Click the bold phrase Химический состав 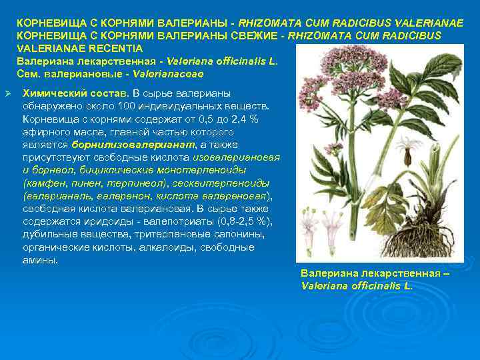pos(76,92)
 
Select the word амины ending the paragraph pos(39,260)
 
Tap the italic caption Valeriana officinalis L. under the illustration pos(357,285)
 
